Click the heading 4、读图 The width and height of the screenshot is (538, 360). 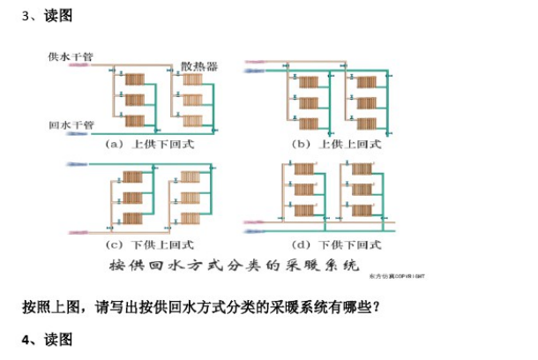pos(47,340)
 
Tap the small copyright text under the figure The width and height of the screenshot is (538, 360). pos(405,275)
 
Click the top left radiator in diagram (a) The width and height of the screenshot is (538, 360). pos(133,80)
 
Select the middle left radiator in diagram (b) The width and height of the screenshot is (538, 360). pos(309,101)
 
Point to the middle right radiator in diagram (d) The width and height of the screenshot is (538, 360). pos(363,190)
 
